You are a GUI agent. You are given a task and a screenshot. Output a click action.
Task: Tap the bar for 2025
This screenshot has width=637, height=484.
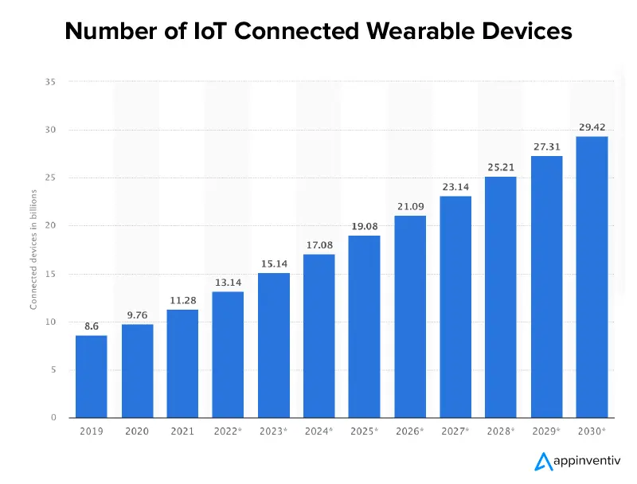coord(364,326)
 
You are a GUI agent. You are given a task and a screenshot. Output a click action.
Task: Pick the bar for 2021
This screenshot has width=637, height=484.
coord(182,363)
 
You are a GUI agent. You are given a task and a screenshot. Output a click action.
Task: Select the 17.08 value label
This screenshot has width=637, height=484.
coord(318,244)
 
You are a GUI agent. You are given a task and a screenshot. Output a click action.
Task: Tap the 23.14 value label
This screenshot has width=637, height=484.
coord(455,185)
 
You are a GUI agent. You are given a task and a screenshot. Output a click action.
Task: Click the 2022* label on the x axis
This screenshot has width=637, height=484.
coord(228,431)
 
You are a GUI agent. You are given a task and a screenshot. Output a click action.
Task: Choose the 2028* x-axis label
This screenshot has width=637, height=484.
coord(501,431)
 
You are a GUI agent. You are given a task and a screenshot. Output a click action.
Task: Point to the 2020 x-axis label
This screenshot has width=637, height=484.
coord(137,431)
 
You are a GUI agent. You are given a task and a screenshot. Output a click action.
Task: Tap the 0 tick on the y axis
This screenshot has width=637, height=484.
coord(53,418)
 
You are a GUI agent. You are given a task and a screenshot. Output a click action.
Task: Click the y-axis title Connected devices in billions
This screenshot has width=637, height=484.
coord(33,249)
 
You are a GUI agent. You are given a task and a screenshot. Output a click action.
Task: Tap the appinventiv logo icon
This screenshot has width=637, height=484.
coord(543,461)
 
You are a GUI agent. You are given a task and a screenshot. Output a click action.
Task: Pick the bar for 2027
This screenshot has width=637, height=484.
coord(455,306)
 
